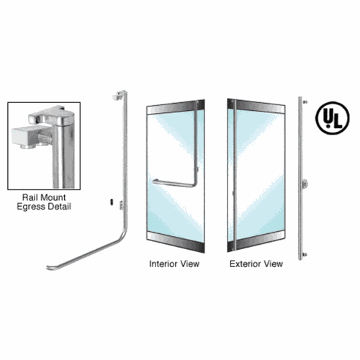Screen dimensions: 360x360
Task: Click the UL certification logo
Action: click(332, 117)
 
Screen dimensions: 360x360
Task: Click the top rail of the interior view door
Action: click(176, 107)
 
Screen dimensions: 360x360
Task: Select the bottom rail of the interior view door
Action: click(176, 242)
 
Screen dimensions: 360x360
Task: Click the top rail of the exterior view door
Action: click(256, 106)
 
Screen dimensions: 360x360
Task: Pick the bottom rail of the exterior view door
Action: click(256, 242)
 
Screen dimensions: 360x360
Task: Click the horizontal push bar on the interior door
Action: click(174, 184)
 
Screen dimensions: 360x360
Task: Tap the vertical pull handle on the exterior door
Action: click(235, 175)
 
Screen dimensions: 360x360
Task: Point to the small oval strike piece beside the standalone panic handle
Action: click(112, 202)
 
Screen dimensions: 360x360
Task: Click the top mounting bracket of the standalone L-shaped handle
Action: click(120, 95)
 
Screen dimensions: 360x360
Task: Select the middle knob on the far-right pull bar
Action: click(305, 184)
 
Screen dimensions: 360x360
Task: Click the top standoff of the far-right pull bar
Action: click(305, 102)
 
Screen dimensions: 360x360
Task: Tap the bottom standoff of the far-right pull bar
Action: click(305, 254)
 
